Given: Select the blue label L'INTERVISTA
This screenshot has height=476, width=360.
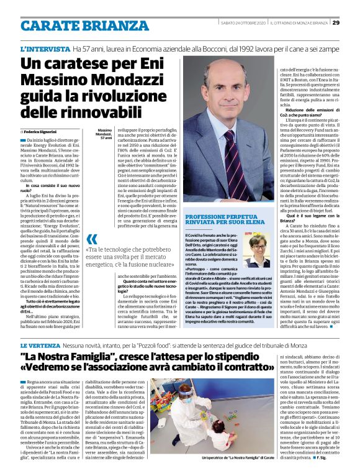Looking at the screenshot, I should coord(45,48).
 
